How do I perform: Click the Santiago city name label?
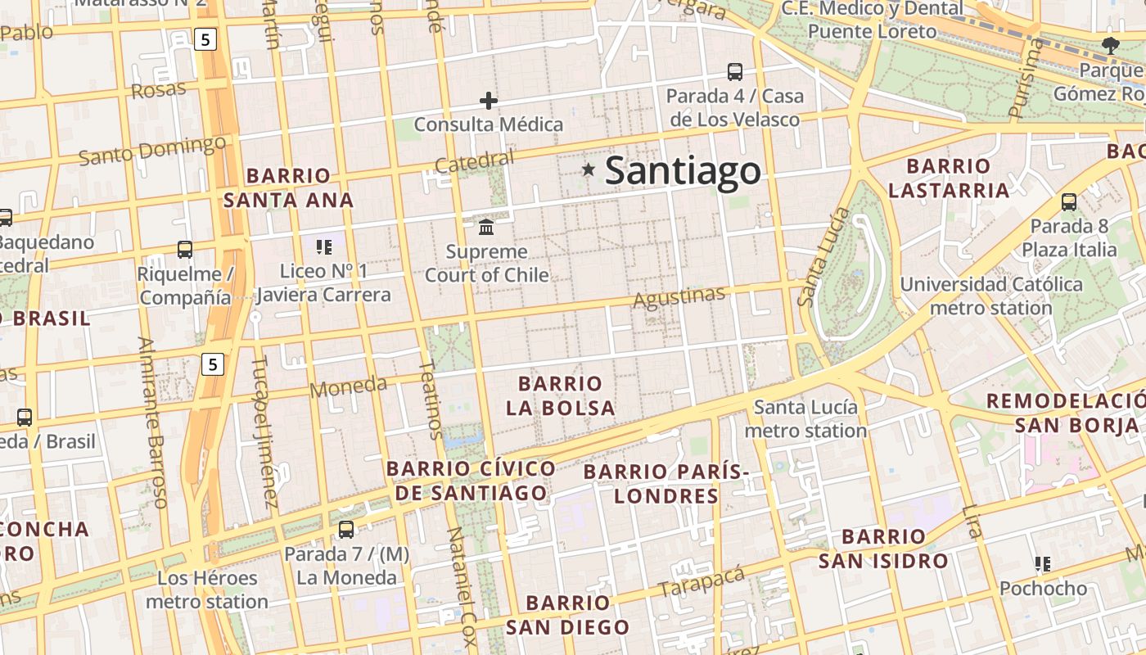pyautogui.click(x=683, y=171)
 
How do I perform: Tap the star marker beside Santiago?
pyautogui.click(x=588, y=169)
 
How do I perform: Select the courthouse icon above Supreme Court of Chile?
pyautogui.click(x=486, y=226)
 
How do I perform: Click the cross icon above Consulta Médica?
pyautogui.click(x=489, y=101)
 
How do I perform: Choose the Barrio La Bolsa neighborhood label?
pyautogui.click(x=560, y=395)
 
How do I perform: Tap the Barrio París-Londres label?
pyautogui.click(x=666, y=483)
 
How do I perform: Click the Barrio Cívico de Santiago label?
pyautogui.click(x=471, y=481)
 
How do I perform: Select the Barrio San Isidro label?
pyautogui.click(x=883, y=549)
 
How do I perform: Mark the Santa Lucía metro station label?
pyautogui.click(x=805, y=418)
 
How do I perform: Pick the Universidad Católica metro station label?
pyautogui.click(x=991, y=296)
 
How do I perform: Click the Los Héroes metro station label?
pyautogui.click(x=207, y=589)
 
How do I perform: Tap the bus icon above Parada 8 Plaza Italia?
pyautogui.click(x=1068, y=201)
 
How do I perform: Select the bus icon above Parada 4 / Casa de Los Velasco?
pyautogui.click(x=734, y=72)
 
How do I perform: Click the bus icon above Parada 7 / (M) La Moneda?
pyautogui.click(x=346, y=529)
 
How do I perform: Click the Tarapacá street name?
pyautogui.click(x=702, y=580)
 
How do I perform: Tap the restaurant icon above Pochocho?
pyautogui.click(x=1042, y=563)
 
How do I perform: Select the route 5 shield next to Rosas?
pyautogui.click(x=205, y=38)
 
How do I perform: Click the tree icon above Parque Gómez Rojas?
pyautogui.click(x=1110, y=46)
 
